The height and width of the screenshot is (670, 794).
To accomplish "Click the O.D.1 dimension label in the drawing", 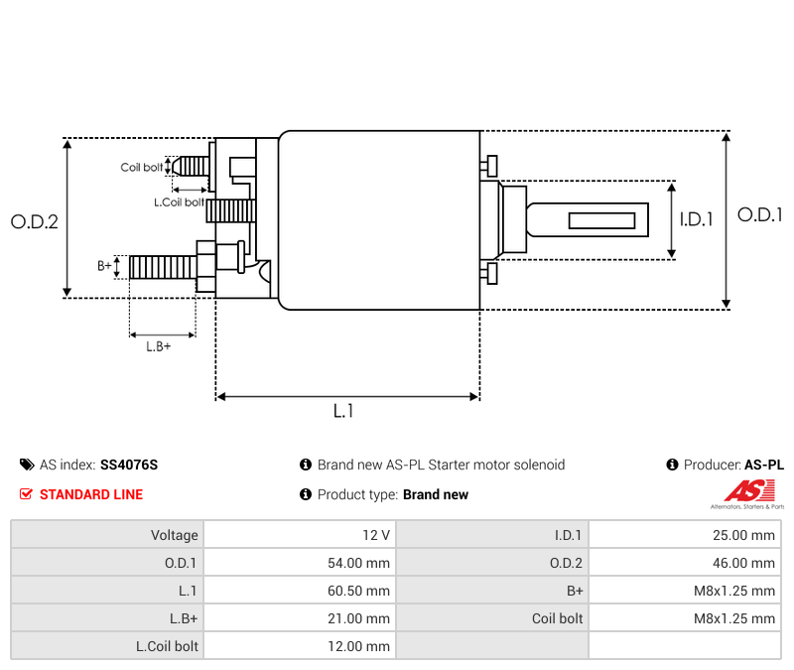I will point(760,214).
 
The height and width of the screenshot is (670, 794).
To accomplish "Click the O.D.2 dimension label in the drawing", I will point(35,222).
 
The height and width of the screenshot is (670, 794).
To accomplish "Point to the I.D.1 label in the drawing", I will point(696,220).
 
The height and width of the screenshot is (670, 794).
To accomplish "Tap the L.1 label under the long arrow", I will point(343,411).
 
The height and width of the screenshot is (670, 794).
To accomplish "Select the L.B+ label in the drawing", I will point(159,346).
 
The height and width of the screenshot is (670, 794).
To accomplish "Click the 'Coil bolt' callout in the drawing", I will point(142,168).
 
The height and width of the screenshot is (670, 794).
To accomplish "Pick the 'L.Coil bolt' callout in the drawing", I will point(179,202).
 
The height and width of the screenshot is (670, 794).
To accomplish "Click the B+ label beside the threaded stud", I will point(104,266).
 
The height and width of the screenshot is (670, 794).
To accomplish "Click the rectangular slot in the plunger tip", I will point(601,219).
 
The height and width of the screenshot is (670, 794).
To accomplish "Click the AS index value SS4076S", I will point(129,465).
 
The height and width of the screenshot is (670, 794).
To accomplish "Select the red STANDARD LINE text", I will point(91,494).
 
